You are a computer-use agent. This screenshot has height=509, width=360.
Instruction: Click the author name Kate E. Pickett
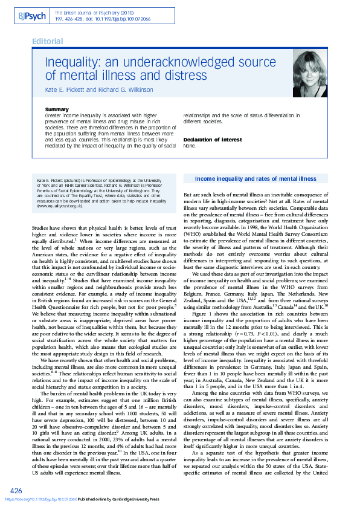66,89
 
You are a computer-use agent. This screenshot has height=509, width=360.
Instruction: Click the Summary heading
74,109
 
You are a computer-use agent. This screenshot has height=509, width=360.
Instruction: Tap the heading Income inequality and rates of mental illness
255,179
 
